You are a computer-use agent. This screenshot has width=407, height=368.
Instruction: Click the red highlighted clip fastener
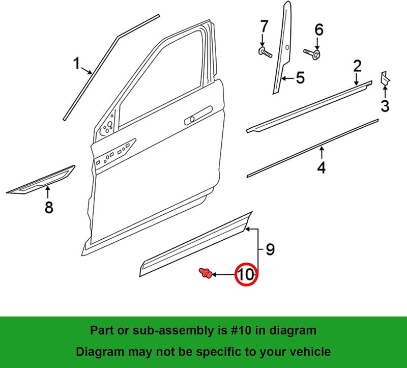click(206, 273)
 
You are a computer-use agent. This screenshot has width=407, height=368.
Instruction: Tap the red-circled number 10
click(246, 274)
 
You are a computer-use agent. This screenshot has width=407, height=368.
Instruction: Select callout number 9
click(270, 249)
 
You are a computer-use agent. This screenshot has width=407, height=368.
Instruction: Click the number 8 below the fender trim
click(49, 207)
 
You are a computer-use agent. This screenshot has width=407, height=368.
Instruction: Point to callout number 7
click(264, 26)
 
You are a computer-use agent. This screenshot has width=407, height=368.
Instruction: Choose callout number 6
click(319, 30)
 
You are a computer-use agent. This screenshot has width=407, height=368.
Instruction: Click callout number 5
click(300, 78)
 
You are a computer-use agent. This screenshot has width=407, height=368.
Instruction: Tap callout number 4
click(322, 167)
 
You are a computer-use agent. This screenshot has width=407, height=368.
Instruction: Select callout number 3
click(385, 106)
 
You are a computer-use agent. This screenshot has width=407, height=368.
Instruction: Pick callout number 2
click(358, 66)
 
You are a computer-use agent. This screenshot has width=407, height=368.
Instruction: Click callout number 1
click(76, 64)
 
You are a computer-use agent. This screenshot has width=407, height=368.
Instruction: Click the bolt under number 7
click(265, 52)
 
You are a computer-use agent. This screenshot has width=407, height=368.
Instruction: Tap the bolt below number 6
click(312, 54)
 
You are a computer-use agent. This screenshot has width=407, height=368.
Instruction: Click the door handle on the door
click(198, 116)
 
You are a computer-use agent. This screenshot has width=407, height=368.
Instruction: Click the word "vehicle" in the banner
click(310, 352)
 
